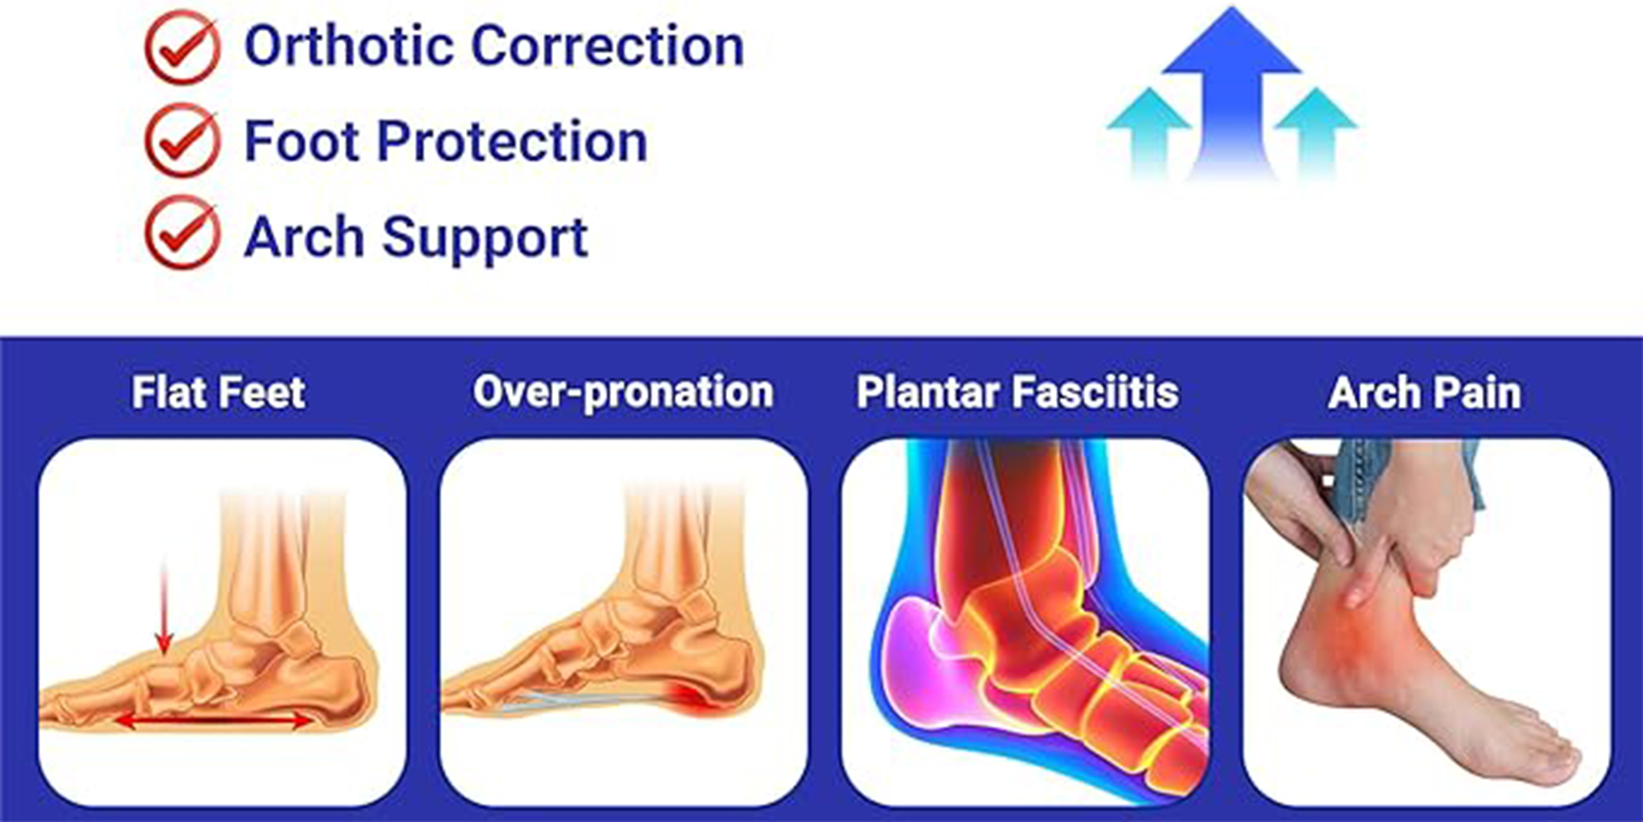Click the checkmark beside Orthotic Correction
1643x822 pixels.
pyautogui.click(x=182, y=47)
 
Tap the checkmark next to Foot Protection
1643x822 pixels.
pyautogui.click(x=182, y=141)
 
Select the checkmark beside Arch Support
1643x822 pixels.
pyautogui.click(x=182, y=233)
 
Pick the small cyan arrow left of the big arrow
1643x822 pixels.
pyautogui.click(x=1149, y=132)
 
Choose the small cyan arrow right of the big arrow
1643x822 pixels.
pyautogui.click(x=1316, y=132)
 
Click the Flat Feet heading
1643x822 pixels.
pyautogui.click(x=219, y=392)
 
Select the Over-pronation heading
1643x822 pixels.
pyautogui.click(x=624, y=392)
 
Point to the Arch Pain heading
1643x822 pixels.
pyautogui.click(x=1424, y=392)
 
